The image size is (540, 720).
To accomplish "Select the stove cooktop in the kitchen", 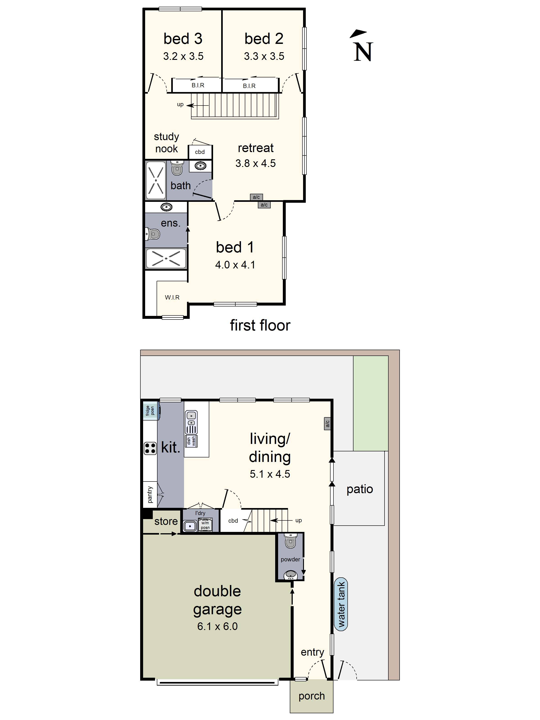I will [150, 448].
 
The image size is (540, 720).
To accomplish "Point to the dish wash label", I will [191, 441].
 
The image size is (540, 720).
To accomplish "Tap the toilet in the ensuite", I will [153, 234].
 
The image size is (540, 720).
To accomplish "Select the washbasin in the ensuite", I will [166, 207].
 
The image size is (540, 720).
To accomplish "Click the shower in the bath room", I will [156, 180].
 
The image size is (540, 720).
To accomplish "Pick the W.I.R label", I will [172, 297].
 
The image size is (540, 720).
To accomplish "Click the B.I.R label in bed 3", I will [198, 85].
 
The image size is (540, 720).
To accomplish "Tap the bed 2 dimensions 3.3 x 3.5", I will [264, 56].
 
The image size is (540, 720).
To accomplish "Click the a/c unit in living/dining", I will [327, 423].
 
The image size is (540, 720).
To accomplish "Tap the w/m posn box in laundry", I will [205, 525].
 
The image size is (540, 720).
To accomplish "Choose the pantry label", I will [150, 494].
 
